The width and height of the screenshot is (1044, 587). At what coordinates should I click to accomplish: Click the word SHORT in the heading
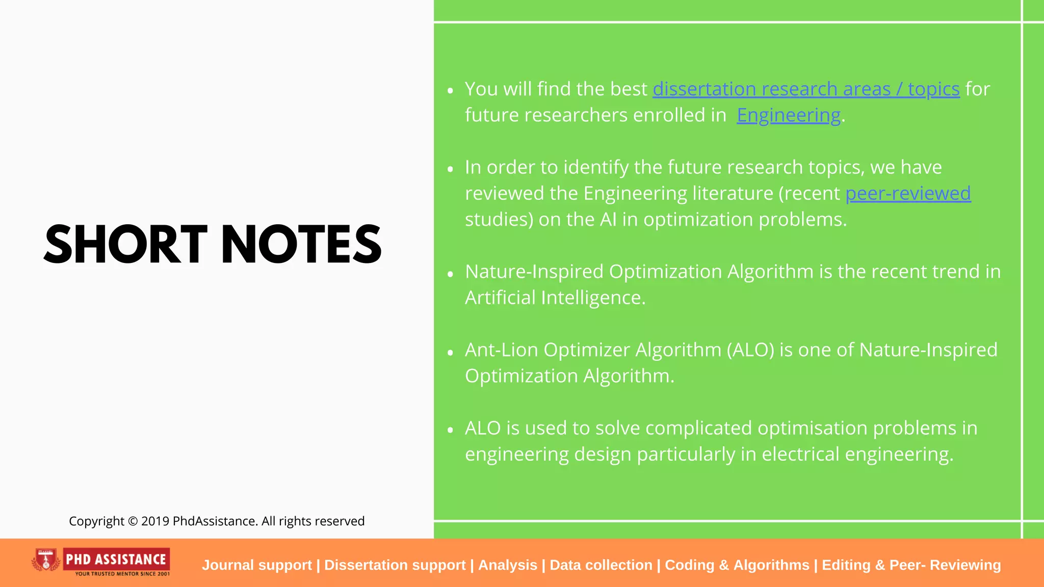pyautogui.click(x=125, y=245)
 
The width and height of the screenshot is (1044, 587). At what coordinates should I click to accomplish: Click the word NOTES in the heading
pyautogui.click(x=301, y=245)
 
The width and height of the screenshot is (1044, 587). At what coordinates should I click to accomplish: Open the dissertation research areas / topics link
pyautogui.click(x=806, y=89)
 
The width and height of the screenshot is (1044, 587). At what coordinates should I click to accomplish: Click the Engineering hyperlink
pyautogui.click(x=788, y=115)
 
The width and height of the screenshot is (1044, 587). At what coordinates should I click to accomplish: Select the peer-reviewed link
pyautogui.click(x=908, y=194)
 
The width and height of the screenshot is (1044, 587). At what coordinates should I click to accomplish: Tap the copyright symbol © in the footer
pyautogui.click(x=133, y=521)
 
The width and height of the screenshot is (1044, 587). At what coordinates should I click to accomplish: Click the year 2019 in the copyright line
pyautogui.click(x=155, y=521)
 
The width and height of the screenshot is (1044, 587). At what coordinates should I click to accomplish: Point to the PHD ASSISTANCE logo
pyautogui.click(x=116, y=559)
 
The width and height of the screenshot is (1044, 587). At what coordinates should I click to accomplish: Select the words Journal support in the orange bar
pyautogui.click(x=256, y=565)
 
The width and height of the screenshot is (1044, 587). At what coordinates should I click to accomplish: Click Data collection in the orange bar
pyautogui.click(x=601, y=565)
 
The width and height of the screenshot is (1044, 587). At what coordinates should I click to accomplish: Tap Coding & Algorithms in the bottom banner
pyautogui.click(x=737, y=565)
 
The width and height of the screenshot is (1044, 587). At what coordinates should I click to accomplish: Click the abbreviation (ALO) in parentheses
pyautogui.click(x=750, y=350)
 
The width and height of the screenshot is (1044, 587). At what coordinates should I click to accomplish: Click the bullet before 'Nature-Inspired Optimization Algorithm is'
pyautogui.click(x=450, y=274)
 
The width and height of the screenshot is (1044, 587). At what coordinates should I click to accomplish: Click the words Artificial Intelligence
pyautogui.click(x=555, y=298)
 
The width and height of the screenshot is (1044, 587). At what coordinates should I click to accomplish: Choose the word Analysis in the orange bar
pyautogui.click(x=508, y=565)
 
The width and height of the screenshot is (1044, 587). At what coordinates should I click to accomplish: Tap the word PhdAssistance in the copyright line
pyautogui.click(x=215, y=521)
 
